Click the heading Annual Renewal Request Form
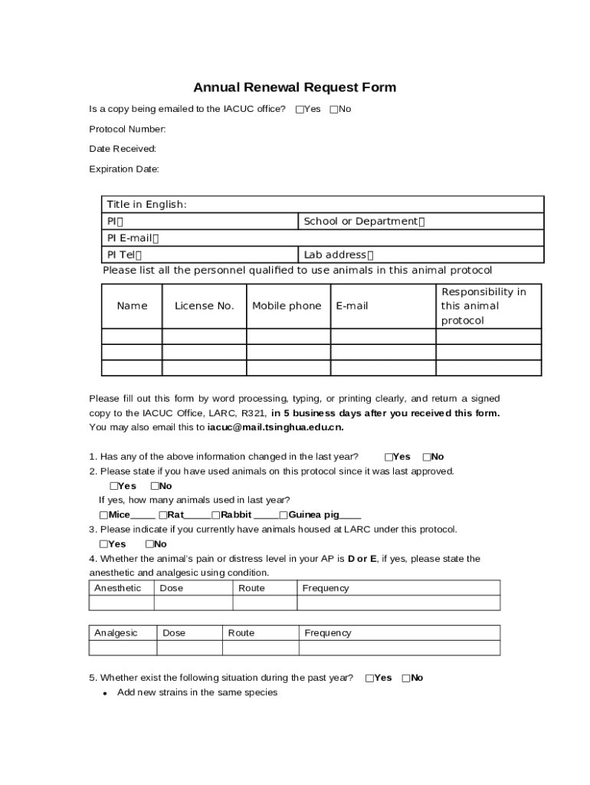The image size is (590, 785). pyautogui.click(x=294, y=87)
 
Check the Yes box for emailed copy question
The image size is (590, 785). pyautogui.click(x=300, y=110)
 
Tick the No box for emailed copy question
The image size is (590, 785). pyautogui.click(x=334, y=110)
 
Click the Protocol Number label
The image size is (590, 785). pyautogui.click(x=127, y=129)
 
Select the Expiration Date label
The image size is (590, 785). pyautogui.click(x=124, y=169)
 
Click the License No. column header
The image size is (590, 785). pyautogui.click(x=204, y=306)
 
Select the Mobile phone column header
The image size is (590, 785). pyautogui.click(x=287, y=306)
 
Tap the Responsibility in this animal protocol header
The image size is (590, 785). pyautogui.click(x=483, y=306)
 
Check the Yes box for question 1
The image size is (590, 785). pyautogui.click(x=389, y=457)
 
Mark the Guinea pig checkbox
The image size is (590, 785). pyautogui.click(x=284, y=515)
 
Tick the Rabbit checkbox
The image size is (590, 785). pyautogui.click(x=216, y=515)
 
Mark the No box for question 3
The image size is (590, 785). pyautogui.click(x=149, y=544)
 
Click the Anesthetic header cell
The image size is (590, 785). pyautogui.click(x=118, y=588)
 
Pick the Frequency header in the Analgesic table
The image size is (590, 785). pyautogui.click(x=328, y=632)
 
